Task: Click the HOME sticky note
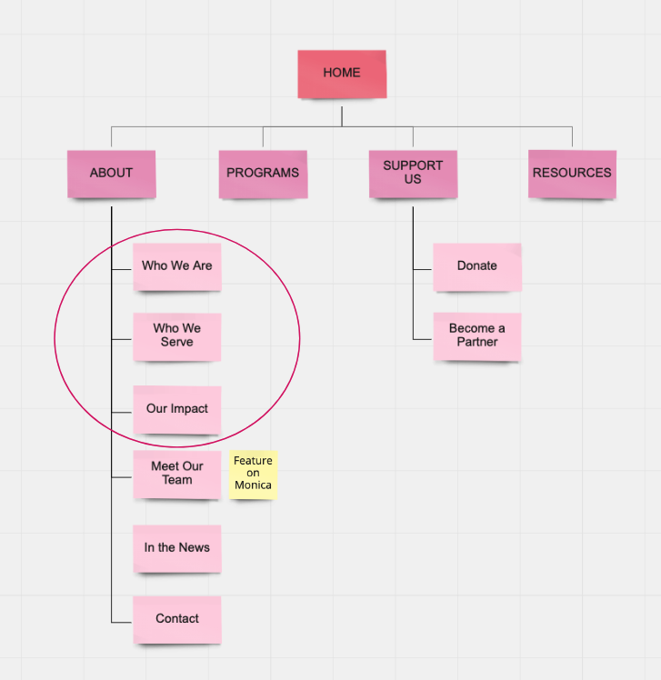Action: [342, 74]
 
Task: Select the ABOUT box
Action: [111, 173]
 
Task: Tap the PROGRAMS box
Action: [263, 173]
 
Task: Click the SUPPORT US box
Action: [413, 173]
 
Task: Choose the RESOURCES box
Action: [572, 173]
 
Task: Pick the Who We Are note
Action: [177, 266]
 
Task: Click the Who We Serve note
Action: [177, 335]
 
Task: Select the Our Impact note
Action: [177, 409]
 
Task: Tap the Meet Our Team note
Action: [177, 474]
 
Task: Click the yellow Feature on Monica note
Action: [253, 474]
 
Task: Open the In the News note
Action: [177, 548]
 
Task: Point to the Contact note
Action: [177, 619]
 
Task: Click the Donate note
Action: [477, 266]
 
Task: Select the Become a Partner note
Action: [477, 335]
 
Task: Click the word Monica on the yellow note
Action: [253, 485]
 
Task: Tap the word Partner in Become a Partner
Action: [477, 343]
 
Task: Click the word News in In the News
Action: [195, 548]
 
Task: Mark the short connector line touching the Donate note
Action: [423, 269]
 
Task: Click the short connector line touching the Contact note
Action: [123, 623]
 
